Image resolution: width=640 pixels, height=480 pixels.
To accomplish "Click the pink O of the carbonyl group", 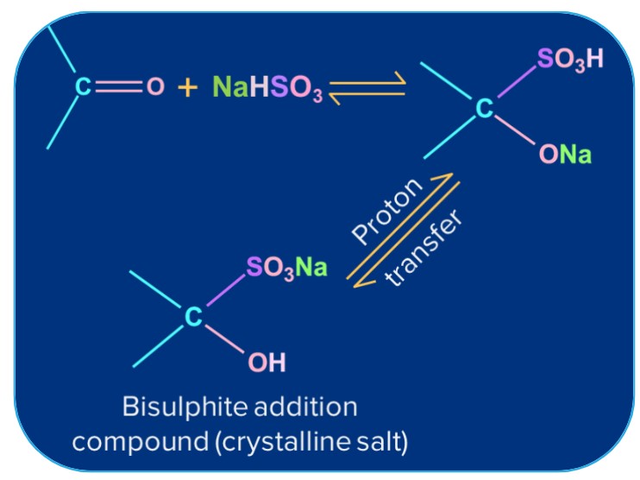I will (x=154, y=88).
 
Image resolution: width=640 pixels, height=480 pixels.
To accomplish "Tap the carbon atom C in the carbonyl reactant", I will (x=83, y=88).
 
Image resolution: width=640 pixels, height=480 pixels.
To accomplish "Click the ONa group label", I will (x=564, y=155).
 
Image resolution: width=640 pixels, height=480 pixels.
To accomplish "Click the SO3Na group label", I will (x=286, y=266).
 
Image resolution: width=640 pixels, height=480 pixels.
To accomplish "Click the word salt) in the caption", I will (x=385, y=440).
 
